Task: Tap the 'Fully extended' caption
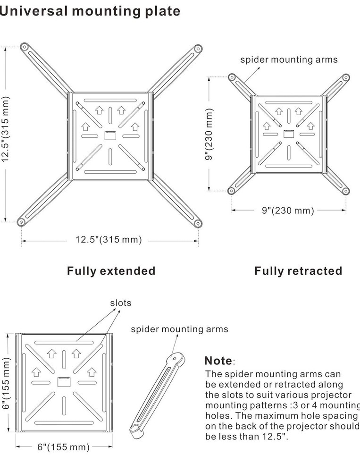point(111,271)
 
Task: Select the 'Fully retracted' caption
point(298,271)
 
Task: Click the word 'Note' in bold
point(218,361)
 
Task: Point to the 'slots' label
point(121,303)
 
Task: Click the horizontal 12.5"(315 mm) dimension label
point(109,240)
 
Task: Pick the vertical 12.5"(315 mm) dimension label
point(6,134)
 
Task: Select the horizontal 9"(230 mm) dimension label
point(288,211)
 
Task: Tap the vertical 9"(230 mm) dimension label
point(209,134)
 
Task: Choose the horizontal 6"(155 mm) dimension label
point(63,447)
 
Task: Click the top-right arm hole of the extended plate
point(198,48)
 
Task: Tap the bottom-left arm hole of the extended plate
point(21,222)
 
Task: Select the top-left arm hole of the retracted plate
point(231,77)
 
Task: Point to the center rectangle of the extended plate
point(110,135)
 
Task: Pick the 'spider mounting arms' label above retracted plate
point(289,59)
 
